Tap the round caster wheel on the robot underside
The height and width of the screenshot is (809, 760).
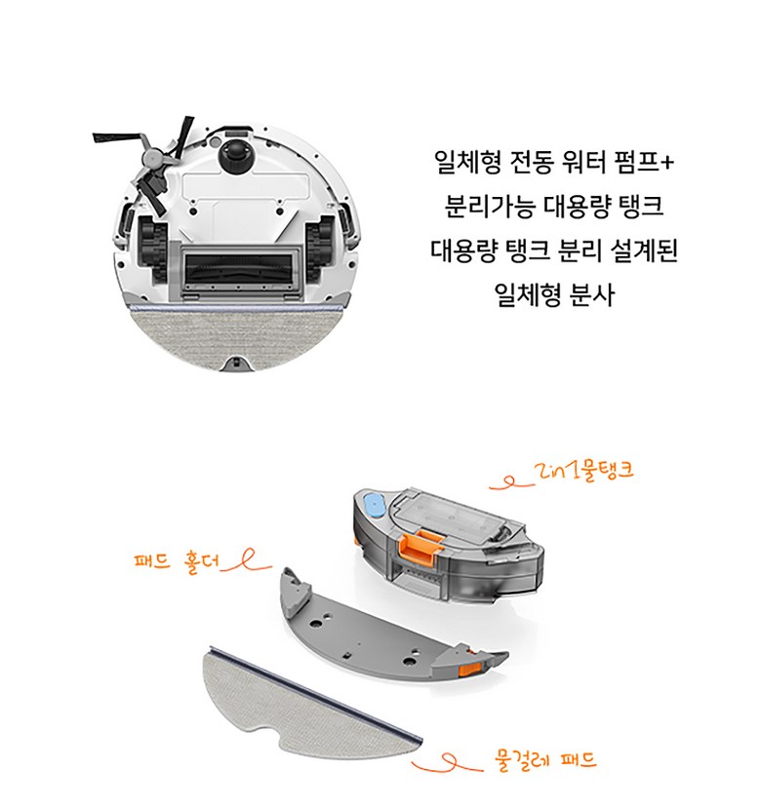pyautogui.click(x=236, y=154)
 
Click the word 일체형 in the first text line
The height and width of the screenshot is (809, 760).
pyautogui.click(x=467, y=162)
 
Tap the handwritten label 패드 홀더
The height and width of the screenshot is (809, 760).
pyautogui.click(x=177, y=560)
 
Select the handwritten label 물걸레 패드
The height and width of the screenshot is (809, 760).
pyautogui.click(x=545, y=760)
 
